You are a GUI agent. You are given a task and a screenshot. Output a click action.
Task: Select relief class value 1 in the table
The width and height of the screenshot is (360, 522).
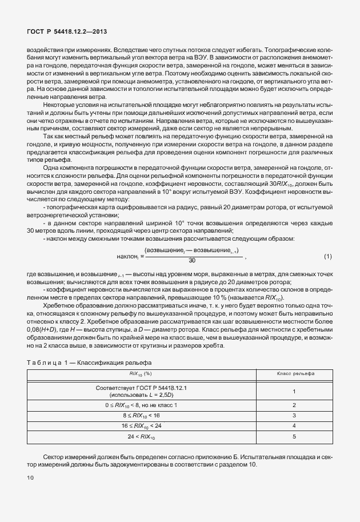(x=293, y=392)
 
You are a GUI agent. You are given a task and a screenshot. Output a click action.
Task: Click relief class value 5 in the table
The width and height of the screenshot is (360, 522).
(x=293, y=437)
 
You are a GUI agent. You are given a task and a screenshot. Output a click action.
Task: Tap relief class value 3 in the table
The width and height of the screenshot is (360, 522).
(x=293, y=416)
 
